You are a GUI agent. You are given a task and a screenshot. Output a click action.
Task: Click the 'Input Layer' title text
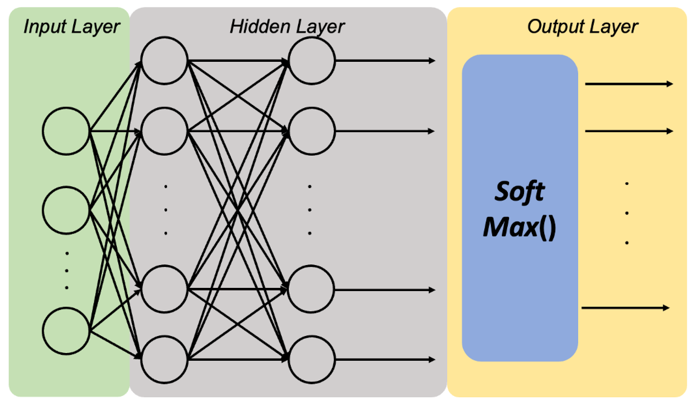(x=71, y=27)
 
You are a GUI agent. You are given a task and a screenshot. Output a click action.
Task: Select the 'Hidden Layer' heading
(x=287, y=27)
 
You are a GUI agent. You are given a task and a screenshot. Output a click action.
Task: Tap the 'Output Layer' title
(x=582, y=27)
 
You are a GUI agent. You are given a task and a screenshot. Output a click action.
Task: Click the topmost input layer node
(x=66, y=131)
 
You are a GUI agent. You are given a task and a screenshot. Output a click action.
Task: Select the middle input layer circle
(x=66, y=210)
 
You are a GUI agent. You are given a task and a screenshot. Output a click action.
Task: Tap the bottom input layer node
(x=66, y=331)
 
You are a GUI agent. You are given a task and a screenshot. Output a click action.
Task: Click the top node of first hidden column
(x=164, y=61)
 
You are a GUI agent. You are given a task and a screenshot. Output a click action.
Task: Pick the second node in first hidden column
(x=164, y=131)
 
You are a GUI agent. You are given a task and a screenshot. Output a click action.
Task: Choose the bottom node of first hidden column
(x=164, y=359)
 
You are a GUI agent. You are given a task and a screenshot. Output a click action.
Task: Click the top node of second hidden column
(x=311, y=61)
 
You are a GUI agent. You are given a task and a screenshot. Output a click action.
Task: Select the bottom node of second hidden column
(x=311, y=359)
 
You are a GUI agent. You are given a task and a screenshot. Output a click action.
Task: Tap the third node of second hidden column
(x=311, y=289)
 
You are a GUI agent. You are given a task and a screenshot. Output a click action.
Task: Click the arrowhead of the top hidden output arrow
(x=432, y=61)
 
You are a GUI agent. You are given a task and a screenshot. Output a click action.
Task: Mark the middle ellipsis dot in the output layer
(x=627, y=213)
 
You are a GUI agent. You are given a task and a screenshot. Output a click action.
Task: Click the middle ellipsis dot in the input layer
(x=67, y=271)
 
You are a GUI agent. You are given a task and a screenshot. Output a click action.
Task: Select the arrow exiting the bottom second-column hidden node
(x=384, y=359)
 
